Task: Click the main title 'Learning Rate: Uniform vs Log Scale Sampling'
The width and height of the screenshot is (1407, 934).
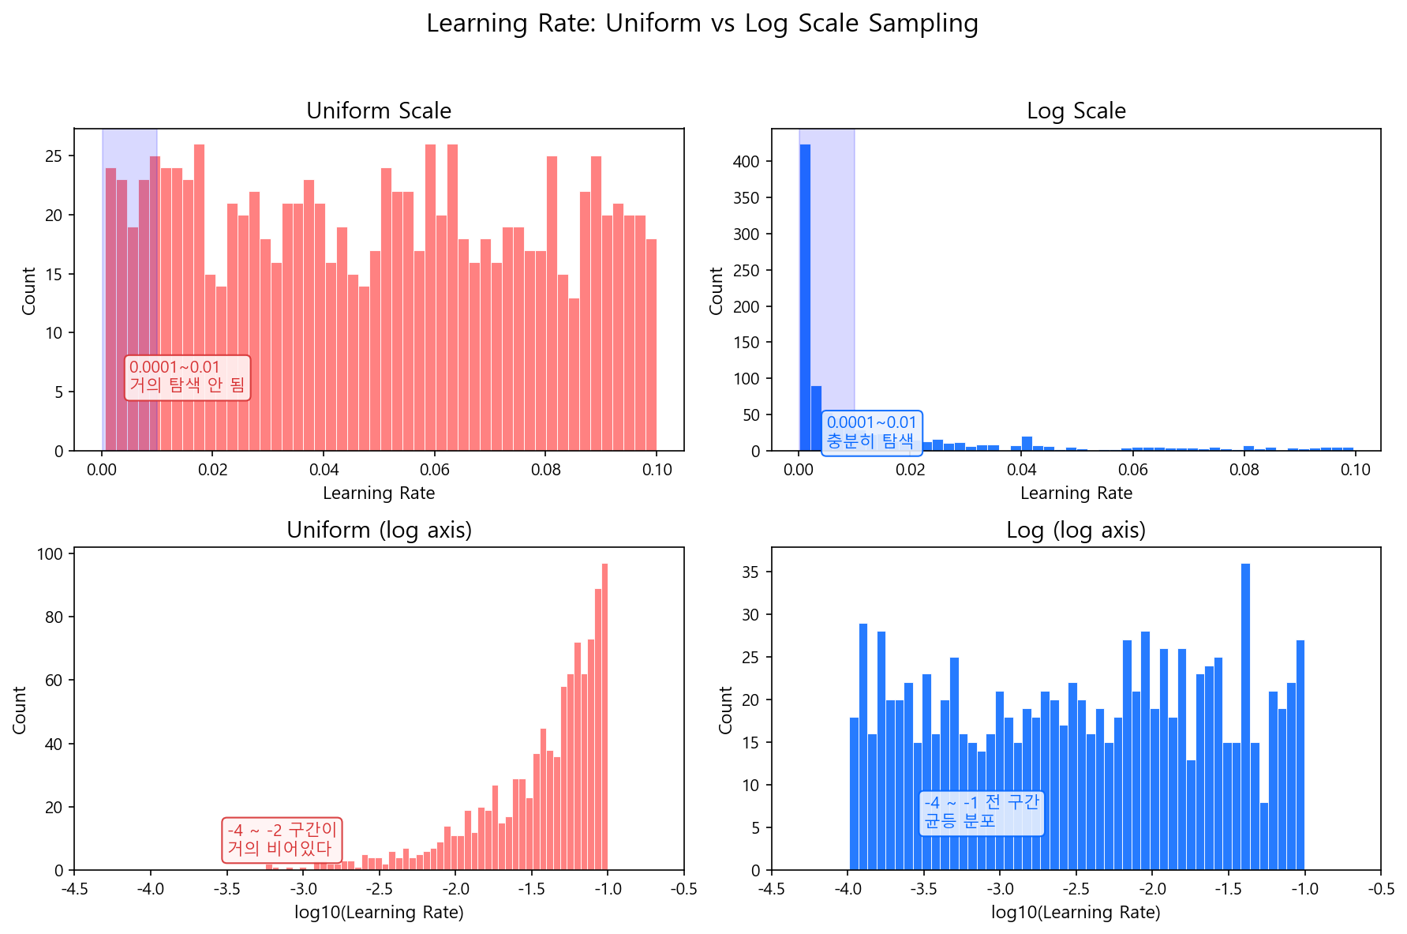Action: pos(702,24)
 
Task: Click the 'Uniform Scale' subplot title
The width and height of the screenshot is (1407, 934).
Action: pos(379,111)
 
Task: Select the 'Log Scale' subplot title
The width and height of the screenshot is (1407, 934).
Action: pos(1076,111)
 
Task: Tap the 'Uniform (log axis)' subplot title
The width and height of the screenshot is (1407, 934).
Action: pos(379,530)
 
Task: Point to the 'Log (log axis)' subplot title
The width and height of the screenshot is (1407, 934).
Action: pos(1076,530)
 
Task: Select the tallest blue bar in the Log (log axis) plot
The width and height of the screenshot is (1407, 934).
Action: pos(1245,718)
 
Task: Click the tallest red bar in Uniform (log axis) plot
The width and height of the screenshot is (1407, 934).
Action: pos(604,718)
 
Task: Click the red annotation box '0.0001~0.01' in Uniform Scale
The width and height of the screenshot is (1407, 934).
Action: pos(187,377)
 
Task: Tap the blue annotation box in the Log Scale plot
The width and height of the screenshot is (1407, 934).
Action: pos(871,432)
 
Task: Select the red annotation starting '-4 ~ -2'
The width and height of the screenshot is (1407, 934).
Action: pos(282,839)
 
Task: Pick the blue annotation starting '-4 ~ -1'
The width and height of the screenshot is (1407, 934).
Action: pos(982,812)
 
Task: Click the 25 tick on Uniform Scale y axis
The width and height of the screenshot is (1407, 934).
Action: pos(54,156)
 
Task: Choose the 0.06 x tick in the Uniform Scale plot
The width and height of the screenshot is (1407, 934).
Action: pos(434,470)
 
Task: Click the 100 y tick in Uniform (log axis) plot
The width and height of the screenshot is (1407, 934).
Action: pos(50,554)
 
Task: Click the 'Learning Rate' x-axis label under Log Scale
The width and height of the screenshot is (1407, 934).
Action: pos(1076,493)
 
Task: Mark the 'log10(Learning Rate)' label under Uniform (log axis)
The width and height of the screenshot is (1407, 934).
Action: pos(379,913)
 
